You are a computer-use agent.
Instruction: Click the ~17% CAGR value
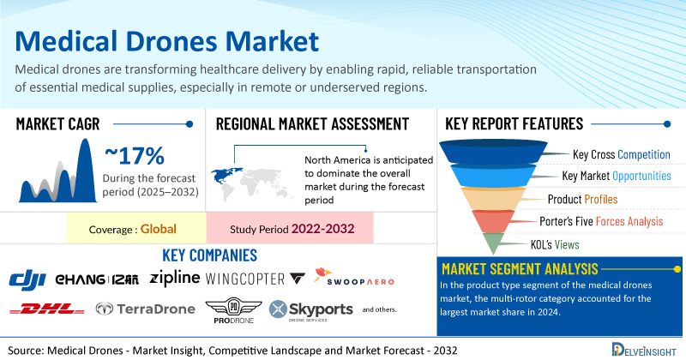coord(135,156)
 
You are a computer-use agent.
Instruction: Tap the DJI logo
coord(27,280)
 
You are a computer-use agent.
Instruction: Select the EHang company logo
coord(97,279)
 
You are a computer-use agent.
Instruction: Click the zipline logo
coord(175,279)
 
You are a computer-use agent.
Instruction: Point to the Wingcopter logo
coord(255,279)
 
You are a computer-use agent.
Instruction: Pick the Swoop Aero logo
coord(354,277)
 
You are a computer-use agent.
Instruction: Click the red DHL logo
coord(47,309)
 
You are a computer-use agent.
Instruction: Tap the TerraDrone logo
coord(145,309)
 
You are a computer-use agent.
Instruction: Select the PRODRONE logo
coord(233,310)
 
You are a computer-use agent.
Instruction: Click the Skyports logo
coord(311,310)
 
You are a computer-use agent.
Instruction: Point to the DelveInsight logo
coord(644,350)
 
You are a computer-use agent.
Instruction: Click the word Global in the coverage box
coord(159,229)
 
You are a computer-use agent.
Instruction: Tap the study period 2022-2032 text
coord(323,228)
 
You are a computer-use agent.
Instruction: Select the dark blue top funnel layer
coord(493,152)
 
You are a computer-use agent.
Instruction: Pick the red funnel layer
coord(493,220)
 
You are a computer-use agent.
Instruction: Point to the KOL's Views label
coord(555,244)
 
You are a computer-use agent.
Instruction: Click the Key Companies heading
coord(209,255)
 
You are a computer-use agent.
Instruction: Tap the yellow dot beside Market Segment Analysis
coord(677,269)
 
